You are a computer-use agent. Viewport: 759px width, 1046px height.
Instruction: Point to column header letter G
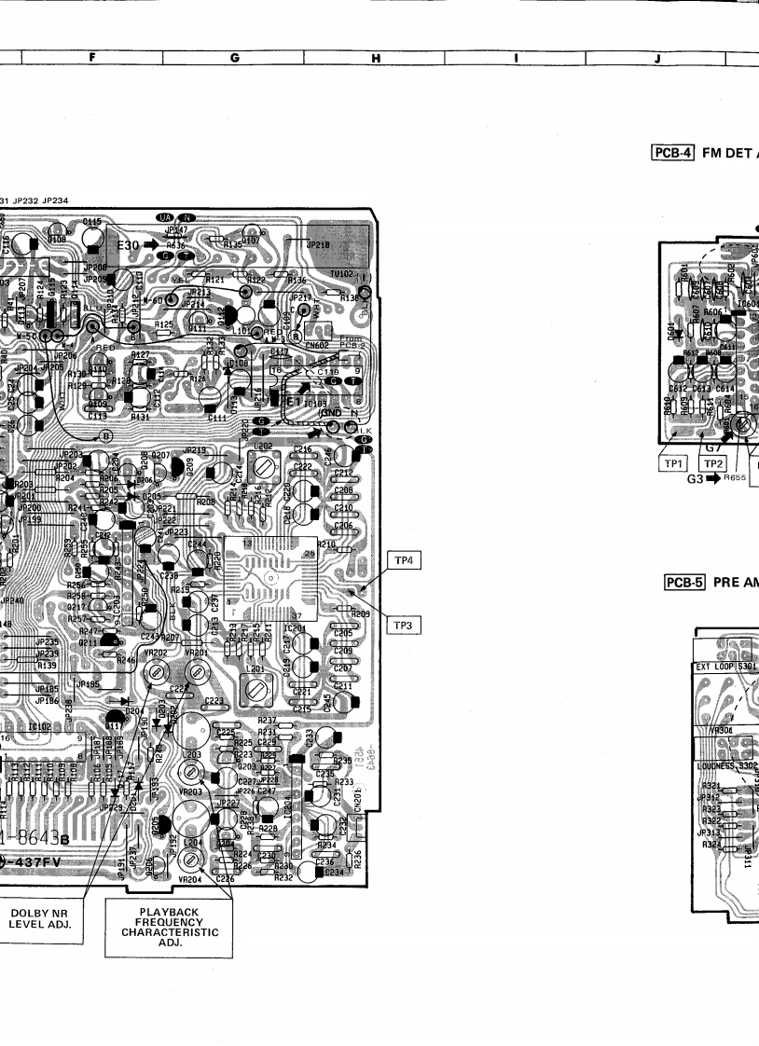pyautogui.click(x=234, y=58)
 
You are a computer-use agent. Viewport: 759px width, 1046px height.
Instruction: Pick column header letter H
pyautogui.click(x=376, y=58)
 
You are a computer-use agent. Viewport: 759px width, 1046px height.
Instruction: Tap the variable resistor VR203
pyautogui.click(x=195, y=771)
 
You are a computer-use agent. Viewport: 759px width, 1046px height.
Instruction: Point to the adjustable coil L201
pyautogui.click(x=253, y=691)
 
